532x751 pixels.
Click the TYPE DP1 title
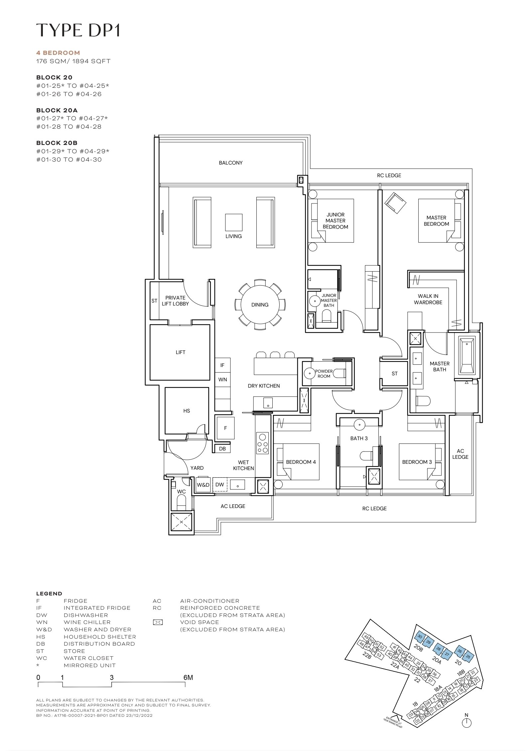[78, 30]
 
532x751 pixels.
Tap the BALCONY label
[231, 163]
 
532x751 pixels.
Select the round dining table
[260, 305]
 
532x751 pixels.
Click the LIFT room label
[181, 352]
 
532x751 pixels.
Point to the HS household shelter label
[187, 411]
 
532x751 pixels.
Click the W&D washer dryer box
[203, 485]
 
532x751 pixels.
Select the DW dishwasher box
[219, 485]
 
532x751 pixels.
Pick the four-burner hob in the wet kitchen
[262, 443]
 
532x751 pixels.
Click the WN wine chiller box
[222, 379]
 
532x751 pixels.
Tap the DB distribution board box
[222, 449]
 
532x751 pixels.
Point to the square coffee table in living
[234, 222]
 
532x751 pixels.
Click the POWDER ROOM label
[324, 374]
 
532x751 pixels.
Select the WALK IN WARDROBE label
[428, 299]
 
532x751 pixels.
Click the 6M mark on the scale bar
[188, 677]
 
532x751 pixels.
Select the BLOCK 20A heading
[57, 110]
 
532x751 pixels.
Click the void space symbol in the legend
[158, 622]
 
